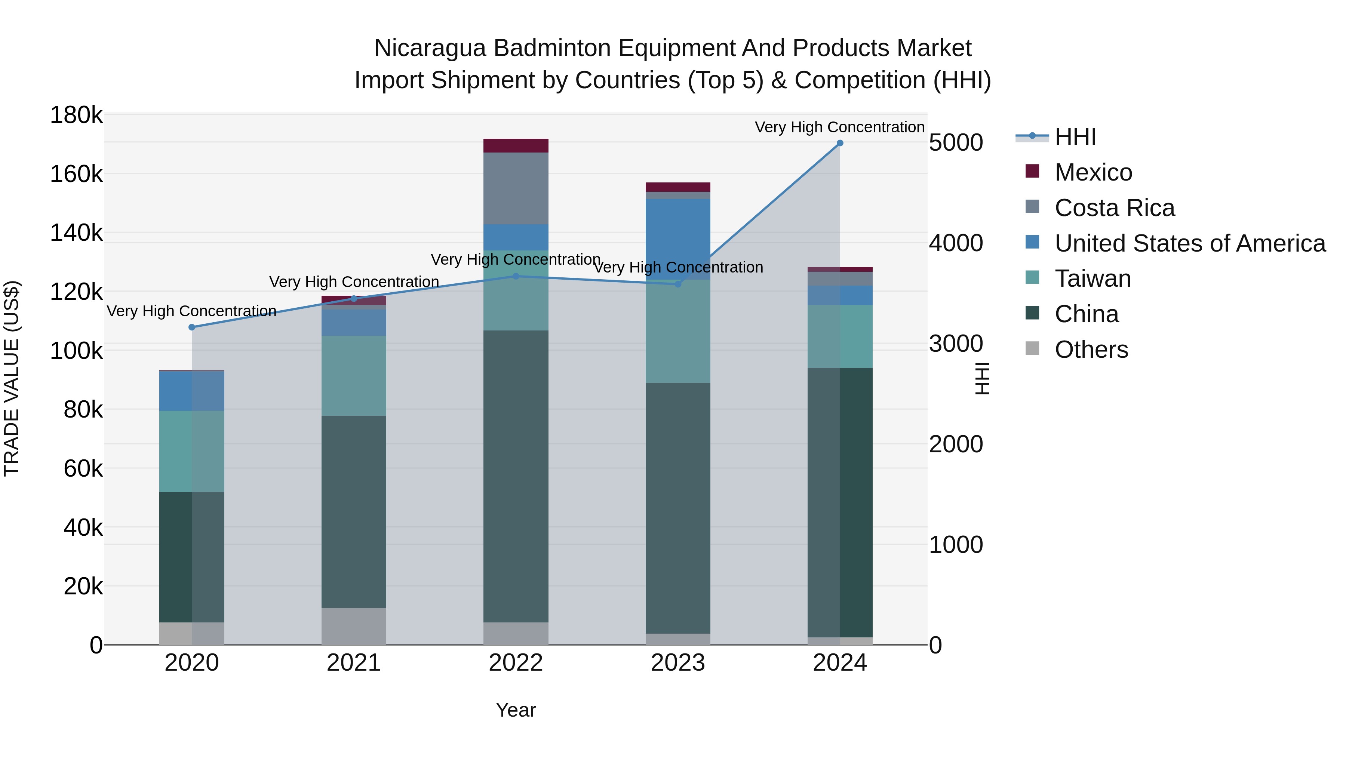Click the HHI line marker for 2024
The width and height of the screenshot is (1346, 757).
click(x=840, y=143)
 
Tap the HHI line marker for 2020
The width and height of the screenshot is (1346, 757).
click(x=192, y=327)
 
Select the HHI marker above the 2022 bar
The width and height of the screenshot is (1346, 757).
click(x=516, y=276)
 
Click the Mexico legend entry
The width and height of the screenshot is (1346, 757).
click(x=1093, y=172)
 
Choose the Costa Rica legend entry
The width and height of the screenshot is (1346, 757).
click(x=1114, y=208)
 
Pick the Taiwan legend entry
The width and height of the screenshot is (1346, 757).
click(x=1092, y=279)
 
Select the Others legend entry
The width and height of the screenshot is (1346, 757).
click(x=1091, y=350)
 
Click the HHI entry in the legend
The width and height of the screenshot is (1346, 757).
click(x=1075, y=137)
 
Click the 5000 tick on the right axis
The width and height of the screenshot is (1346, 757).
click(x=956, y=143)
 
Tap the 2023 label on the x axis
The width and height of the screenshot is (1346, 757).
click(x=678, y=663)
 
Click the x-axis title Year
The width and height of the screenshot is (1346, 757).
click(x=516, y=710)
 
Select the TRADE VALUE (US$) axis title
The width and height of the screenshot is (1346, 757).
click(x=12, y=378)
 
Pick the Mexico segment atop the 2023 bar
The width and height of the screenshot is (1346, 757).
click(x=678, y=187)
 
